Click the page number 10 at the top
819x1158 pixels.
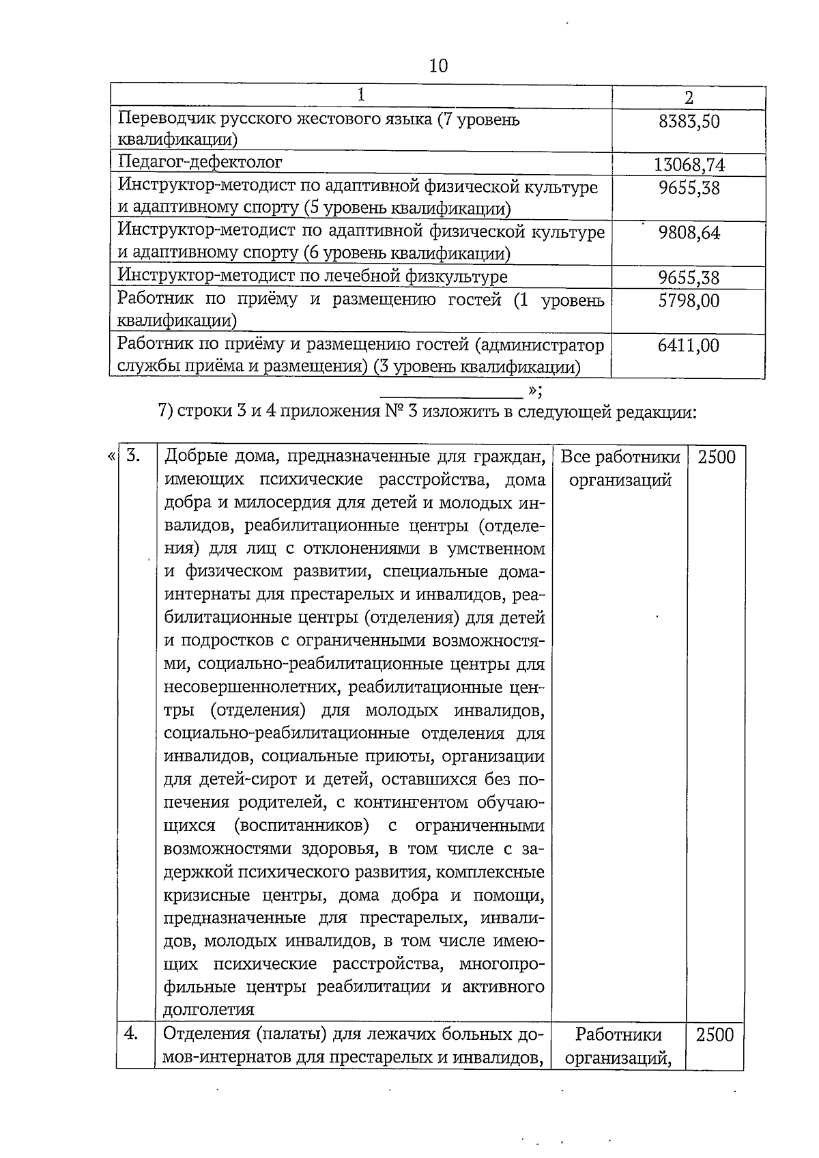439,66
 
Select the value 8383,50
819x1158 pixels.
689,122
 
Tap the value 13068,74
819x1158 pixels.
689,165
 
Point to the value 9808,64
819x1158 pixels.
689,234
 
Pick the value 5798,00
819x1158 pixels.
689,300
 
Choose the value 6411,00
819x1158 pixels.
688,345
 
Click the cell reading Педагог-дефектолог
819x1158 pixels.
200,163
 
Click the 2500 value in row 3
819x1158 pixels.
717,457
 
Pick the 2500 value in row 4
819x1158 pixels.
715,1035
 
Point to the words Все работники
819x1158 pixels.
620,457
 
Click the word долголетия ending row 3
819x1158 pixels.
209,1009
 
